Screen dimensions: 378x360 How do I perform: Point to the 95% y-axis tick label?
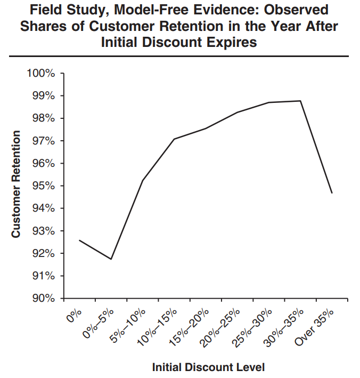point(43,186)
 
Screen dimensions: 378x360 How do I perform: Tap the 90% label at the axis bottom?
point(43,299)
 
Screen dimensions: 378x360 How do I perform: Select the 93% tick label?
point(43,231)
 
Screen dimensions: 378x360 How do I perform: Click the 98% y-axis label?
point(43,118)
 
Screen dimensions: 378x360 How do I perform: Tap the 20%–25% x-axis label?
point(222,326)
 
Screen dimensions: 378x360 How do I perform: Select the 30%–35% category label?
point(285,326)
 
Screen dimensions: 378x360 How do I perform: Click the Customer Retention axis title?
point(17,184)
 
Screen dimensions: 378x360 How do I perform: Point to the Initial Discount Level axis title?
point(208,367)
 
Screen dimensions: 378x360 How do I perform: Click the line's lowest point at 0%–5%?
point(111,259)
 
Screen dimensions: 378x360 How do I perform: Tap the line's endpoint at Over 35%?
point(332,193)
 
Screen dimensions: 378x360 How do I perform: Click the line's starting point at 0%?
point(79,240)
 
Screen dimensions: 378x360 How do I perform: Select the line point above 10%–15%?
point(174,139)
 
